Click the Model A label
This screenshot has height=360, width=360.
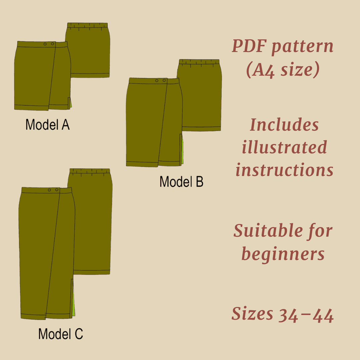pyautogui.click(x=47, y=125)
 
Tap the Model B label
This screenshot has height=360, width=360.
pyautogui.click(x=181, y=182)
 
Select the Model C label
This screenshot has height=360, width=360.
pyautogui.click(x=60, y=334)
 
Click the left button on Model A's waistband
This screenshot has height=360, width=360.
pyautogui.click(x=46, y=44)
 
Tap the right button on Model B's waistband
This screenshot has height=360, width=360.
pyautogui.click(x=164, y=81)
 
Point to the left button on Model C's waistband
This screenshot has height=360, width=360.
pyautogui.click(x=49, y=190)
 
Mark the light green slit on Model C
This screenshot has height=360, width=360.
pyautogui.click(x=74, y=300)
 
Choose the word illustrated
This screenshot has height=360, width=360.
pyautogui.click(x=284, y=147)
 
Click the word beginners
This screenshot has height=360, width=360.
pyautogui.click(x=283, y=254)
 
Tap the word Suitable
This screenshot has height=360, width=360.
pyautogui.click(x=261, y=231)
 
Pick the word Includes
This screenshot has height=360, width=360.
pyautogui.click(x=284, y=125)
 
